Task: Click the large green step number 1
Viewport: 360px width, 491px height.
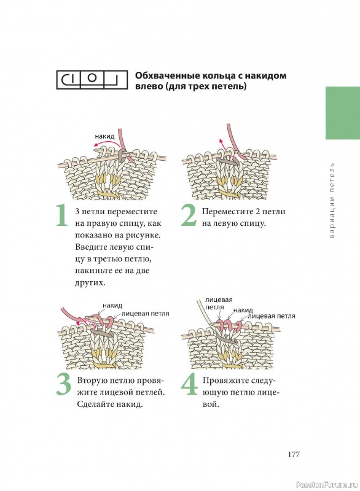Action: [61, 215]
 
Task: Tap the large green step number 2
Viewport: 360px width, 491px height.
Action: [189, 215]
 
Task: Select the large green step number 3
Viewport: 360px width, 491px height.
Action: [64, 385]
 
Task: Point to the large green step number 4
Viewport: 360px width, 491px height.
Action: [190, 385]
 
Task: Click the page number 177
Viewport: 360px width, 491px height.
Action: [294, 454]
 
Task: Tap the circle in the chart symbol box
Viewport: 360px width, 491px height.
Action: [92, 78]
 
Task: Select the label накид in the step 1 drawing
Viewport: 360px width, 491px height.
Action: [104, 136]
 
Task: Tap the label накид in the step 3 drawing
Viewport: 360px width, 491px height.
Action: [112, 305]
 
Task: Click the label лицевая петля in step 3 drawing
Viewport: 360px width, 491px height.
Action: [145, 314]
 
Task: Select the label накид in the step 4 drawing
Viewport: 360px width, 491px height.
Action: [243, 310]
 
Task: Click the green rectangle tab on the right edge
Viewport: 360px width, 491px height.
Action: [343, 113]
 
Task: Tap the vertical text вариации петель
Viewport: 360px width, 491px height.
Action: [332, 201]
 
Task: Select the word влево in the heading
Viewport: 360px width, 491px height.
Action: [147, 86]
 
